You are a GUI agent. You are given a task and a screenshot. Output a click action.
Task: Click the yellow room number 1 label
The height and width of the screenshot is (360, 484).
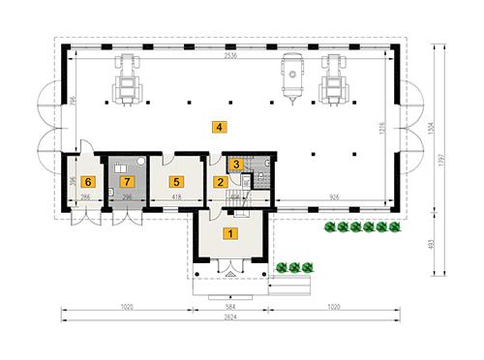(x=229, y=232)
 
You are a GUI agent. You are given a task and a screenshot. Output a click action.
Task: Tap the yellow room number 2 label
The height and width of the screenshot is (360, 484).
(x=220, y=181)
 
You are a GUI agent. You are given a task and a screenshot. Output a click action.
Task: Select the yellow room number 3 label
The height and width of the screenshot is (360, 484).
(x=235, y=165)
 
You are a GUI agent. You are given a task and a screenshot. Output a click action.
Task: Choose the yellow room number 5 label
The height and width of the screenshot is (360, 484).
(x=175, y=181)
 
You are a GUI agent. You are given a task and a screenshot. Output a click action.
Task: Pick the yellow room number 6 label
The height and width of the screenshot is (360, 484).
(x=88, y=181)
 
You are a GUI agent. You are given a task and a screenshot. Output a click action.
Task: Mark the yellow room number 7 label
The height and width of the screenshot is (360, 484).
(x=125, y=181)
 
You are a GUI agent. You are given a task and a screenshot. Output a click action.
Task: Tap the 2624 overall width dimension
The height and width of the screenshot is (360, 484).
(x=228, y=316)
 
